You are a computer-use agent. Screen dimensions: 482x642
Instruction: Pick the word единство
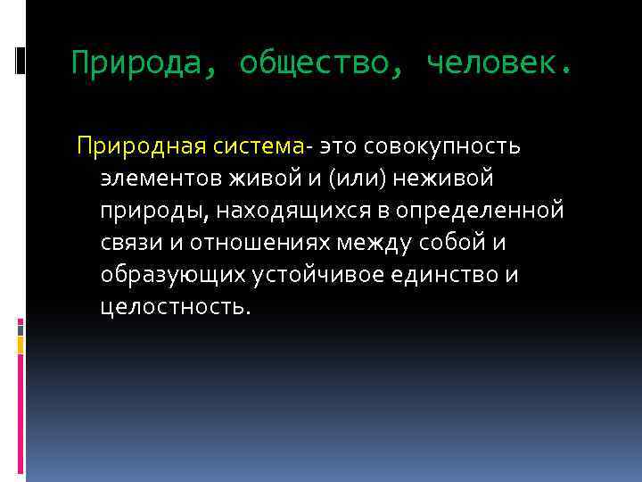[449, 274]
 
